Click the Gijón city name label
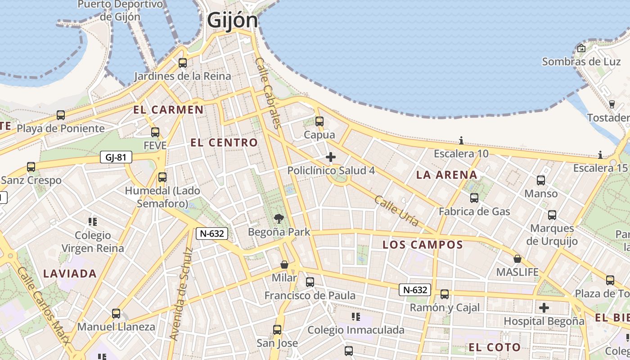click(x=232, y=21)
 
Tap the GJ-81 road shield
click(x=116, y=157)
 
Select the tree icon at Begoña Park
click(x=279, y=219)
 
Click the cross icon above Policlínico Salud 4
click(x=331, y=157)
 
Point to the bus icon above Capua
click(x=319, y=121)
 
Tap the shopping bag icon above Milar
click(x=284, y=264)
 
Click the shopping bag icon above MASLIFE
click(x=517, y=259)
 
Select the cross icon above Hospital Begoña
click(x=544, y=308)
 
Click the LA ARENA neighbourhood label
click(x=446, y=175)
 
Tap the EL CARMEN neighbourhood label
click(x=168, y=110)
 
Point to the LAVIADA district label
click(x=70, y=274)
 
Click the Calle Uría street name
click(x=396, y=211)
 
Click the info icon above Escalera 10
click(x=461, y=140)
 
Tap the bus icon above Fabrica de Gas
click(x=474, y=198)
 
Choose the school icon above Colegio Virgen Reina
click(x=93, y=221)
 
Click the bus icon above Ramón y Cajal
click(x=445, y=294)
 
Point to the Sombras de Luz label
click(x=581, y=62)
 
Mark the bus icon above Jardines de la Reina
click(x=183, y=63)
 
